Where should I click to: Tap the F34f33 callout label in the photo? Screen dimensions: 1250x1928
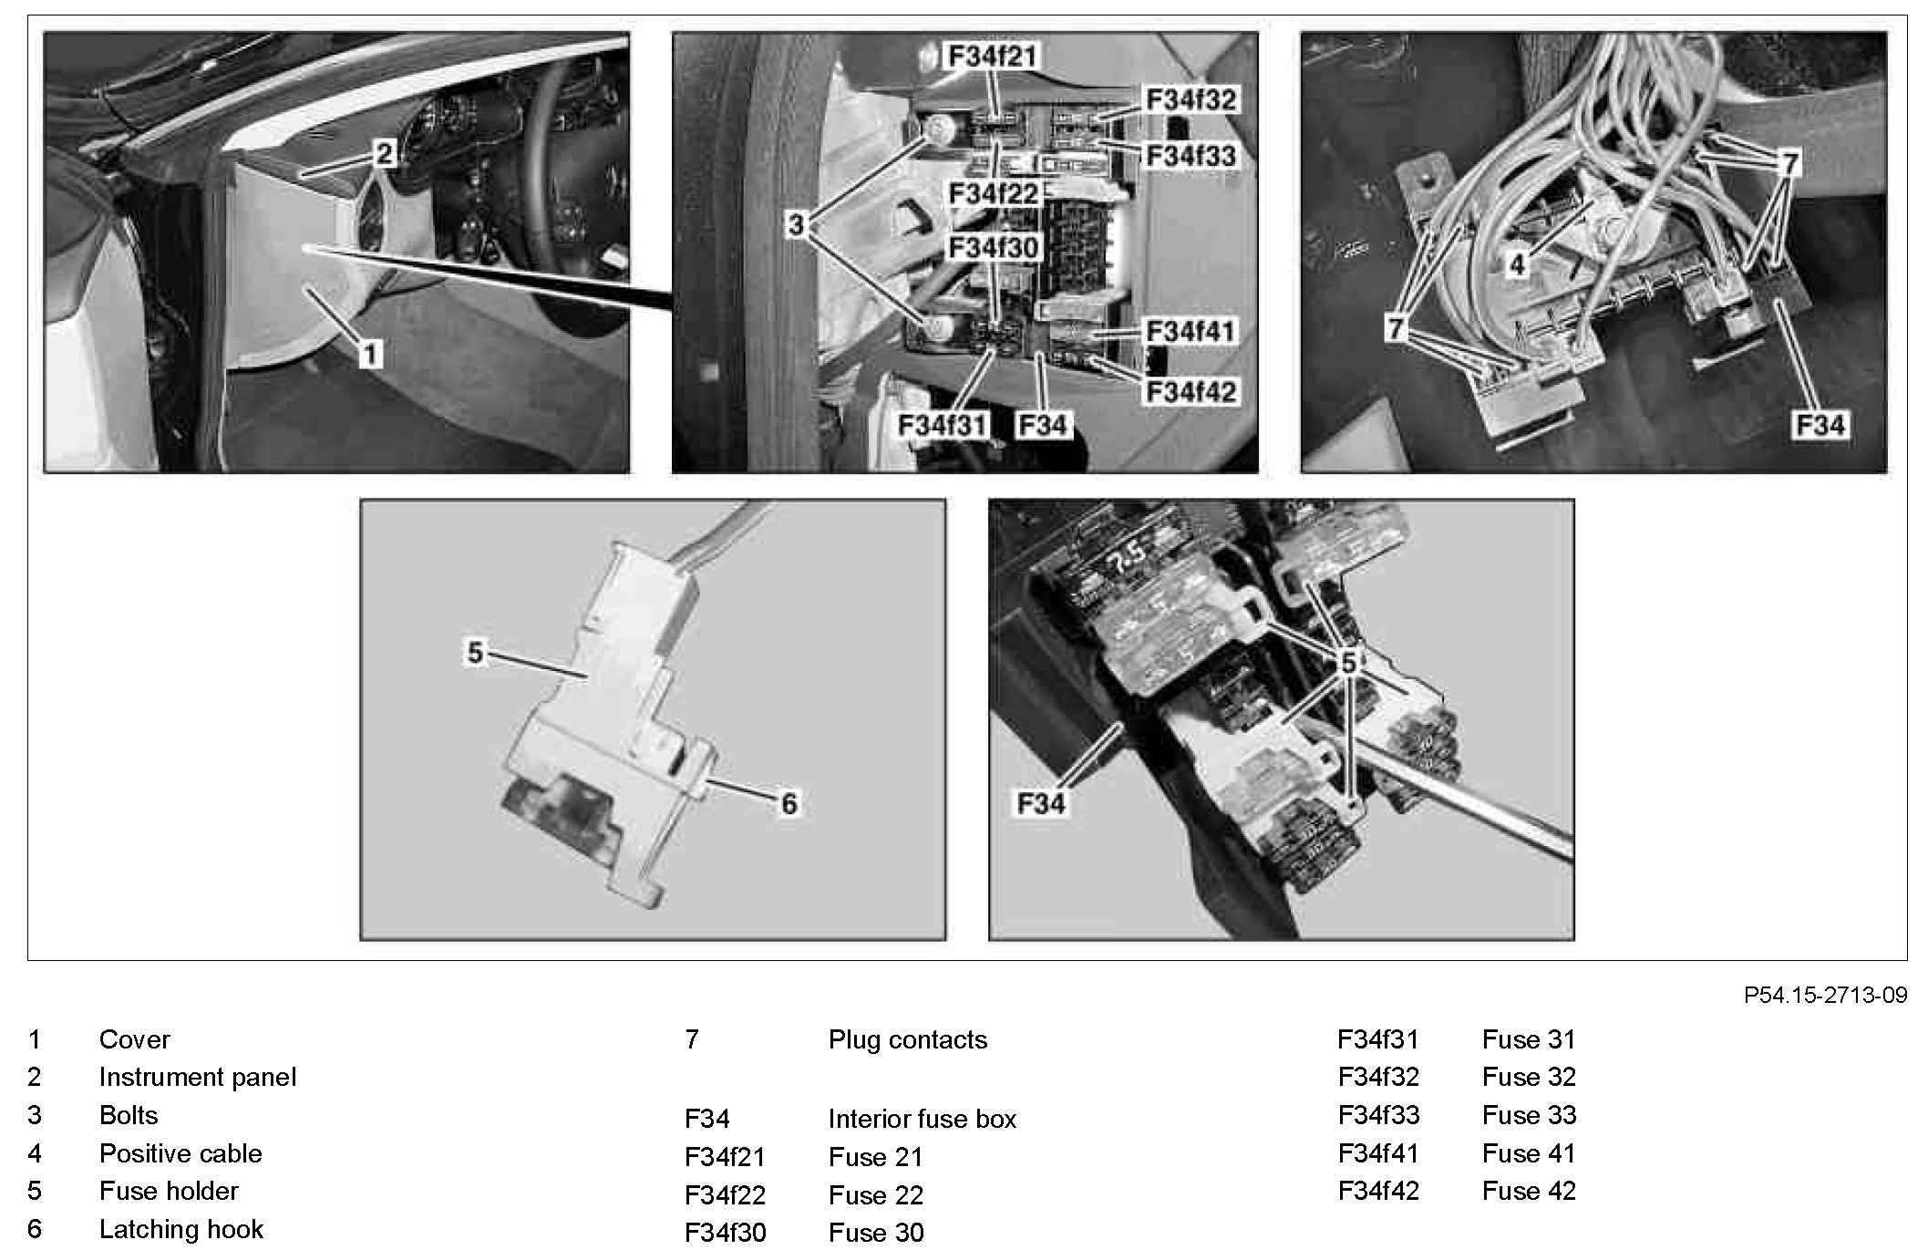tap(1190, 156)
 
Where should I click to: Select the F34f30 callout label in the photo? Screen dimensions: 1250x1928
tap(993, 248)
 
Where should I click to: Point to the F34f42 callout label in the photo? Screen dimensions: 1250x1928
tap(1190, 392)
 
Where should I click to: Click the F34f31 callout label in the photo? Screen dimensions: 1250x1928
tap(943, 425)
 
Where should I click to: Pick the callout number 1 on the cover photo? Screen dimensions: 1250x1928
tap(369, 354)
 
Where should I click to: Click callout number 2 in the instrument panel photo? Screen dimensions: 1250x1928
tap(384, 154)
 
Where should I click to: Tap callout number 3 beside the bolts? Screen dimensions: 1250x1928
tap(796, 224)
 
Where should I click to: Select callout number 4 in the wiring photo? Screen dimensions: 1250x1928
tap(1516, 264)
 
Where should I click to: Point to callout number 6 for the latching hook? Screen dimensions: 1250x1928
tap(789, 803)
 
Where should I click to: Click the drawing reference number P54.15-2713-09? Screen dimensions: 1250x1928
tap(1825, 995)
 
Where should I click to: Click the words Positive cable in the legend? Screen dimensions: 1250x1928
tap(180, 1153)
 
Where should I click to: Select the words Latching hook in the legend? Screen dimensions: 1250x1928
tap(180, 1229)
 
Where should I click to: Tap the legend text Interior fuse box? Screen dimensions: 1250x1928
tap(922, 1119)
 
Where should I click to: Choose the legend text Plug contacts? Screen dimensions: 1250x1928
tap(907, 1039)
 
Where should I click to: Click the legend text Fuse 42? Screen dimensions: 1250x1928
tap(1529, 1191)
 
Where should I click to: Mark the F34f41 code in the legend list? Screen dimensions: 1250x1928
tap(1377, 1153)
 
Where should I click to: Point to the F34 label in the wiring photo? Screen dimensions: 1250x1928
tap(1820, 425)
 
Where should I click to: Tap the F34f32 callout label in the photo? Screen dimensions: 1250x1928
tap(1190, 99)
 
